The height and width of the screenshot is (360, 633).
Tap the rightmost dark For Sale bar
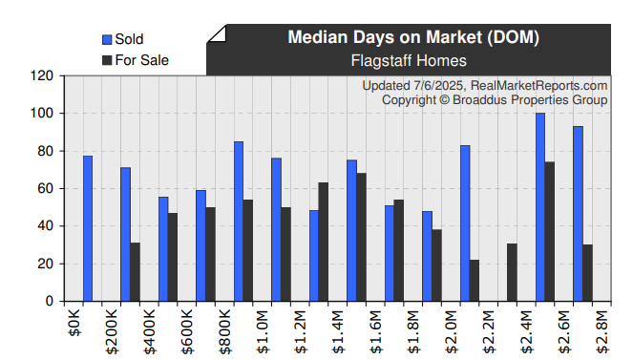click(x=587, y=273)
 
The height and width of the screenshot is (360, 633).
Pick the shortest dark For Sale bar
click(x=475, y=281)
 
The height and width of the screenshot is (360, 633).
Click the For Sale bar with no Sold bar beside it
click(x=512, y=272)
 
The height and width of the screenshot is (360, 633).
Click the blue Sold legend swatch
click(x=107, y=39)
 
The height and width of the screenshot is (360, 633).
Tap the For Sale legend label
click(x=141, y=60)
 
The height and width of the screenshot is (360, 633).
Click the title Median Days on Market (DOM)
click(x=413, y=38)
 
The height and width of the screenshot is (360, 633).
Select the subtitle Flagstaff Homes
click(x=413, y=60)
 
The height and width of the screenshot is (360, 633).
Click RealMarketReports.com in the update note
click(x=539, y=86)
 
